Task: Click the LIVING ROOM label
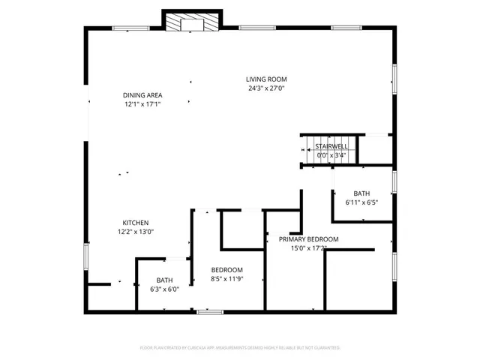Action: (x=266, y=79)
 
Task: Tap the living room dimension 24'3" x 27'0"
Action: (x=266, y=88)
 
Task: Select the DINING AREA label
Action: (x=142, y=95)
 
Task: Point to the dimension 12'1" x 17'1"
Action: (x=142, y=104)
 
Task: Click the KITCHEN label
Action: (x=136, y=223)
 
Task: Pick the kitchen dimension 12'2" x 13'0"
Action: (x=136, y=232)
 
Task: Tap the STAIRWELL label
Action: (x=330, y=145)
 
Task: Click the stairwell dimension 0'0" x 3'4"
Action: (x=330, y=155)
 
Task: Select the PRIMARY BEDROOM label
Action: (x=309, y=239)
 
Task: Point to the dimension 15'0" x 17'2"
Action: (x=309, y=248)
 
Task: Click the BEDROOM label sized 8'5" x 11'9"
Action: (x=226, y=269)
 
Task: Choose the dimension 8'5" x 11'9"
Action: (x=226, y=278)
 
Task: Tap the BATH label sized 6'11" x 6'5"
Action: (x=361, y=192)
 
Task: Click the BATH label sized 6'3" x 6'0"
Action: (x=164, y=280)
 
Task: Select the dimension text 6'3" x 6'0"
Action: (x=164, y=289)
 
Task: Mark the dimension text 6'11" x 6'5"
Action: (x=361, y=202)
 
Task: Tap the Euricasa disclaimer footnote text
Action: (x=240, y=348)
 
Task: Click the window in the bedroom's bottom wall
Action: (x=209, y=310)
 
